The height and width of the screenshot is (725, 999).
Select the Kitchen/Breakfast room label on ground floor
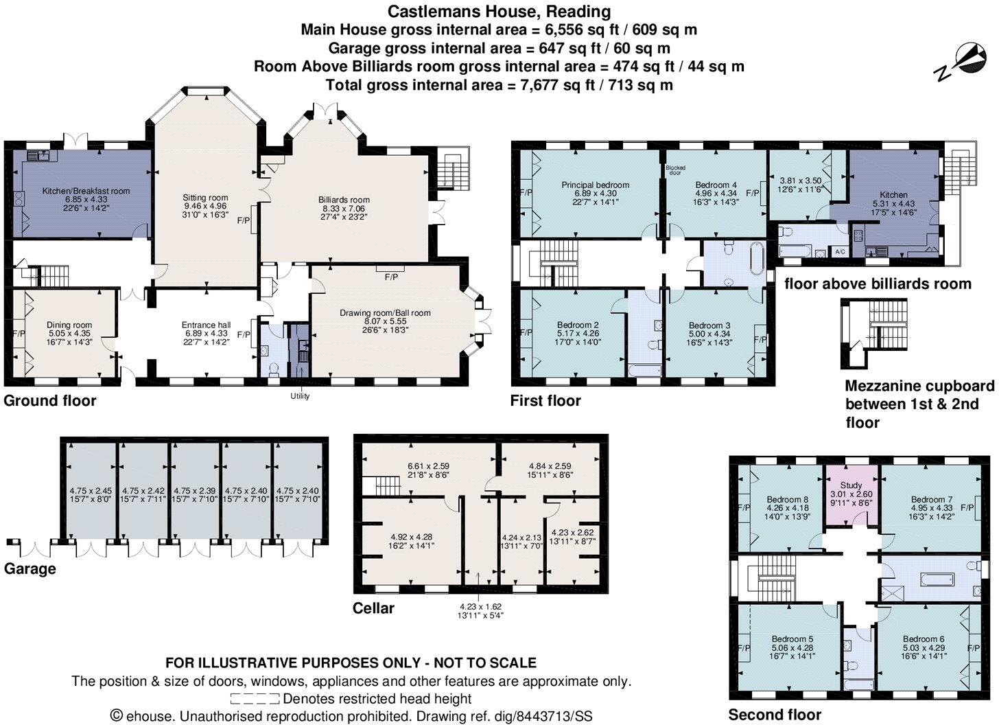coord(86,191)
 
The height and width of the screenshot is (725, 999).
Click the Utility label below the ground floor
coord(300,396)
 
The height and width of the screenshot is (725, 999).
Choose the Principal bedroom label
coord(595,185)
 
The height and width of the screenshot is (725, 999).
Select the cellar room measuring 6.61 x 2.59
coord(428,465)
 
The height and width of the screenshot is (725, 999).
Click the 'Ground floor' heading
coord(50,400)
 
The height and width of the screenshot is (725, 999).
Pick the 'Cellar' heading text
coord(373,608)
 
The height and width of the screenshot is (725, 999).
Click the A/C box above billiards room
coord(840,251)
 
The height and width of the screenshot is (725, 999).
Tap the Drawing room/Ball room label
coord(385,313)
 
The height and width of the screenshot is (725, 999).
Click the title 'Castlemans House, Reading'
coord(499,12)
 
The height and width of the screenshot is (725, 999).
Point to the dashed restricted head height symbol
coord(255,699)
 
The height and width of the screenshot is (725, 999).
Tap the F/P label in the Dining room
coord(19,334)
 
